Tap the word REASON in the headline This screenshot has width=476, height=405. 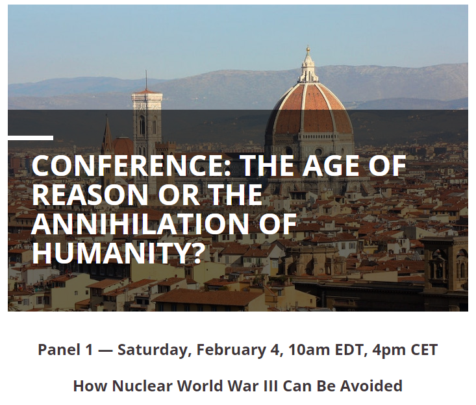pos(90,195)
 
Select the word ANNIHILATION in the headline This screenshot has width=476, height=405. pos(140,224)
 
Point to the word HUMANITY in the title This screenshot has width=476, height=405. pos(108,252)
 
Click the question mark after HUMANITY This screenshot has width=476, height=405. pos(194,252)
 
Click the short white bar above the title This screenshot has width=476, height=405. pos(31,138)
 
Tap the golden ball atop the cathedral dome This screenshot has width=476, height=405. pos(308,49)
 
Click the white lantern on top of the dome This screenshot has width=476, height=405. pos(308,68)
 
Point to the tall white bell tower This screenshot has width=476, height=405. pos(147,127)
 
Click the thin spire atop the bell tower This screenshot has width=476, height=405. pos(146,80)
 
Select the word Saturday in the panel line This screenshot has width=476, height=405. pos(155,350)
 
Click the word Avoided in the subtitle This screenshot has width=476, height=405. pos(371,386)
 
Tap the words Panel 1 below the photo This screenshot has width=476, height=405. pos(65,350)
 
